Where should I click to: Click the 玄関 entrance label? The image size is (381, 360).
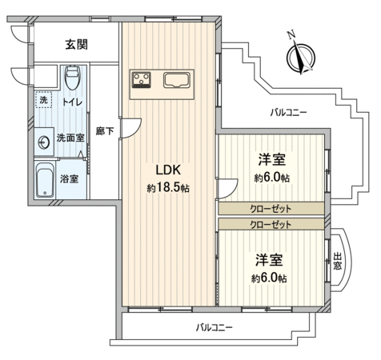pyautogui.click(x=77, y=44)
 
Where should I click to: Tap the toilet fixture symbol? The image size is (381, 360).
pyautogui.click(x=72, y=78)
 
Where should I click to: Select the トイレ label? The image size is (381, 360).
pyautogui.click(x=72, y=102)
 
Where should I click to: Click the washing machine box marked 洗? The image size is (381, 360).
pyautogui.click(x=43, y=100)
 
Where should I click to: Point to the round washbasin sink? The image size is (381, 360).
pyautogui.click(x=44, y=142)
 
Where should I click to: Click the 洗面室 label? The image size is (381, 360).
pyautogui.click(x=70, y=138)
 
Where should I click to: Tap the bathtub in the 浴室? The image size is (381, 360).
pyautogui.click(x=45, y=180)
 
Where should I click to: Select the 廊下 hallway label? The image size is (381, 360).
pyautogui.click(x=105, y=131)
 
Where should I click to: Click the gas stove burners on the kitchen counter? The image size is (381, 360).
pyautogui.click(x=142, y=80)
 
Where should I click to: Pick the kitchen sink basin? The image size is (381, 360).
pyautogui.click(x=174, y=80)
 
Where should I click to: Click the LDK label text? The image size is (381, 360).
pyautogui.click(x=168, y=170)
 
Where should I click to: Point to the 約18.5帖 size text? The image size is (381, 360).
pyautogui.click(x=168, y=188)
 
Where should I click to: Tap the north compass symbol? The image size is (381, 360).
pyautogui.click(x=301, y=58)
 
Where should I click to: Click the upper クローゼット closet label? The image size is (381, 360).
pyautogui.click(x=271, y=208)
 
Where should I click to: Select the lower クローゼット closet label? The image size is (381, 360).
pyautogui.click(x=271, y=225)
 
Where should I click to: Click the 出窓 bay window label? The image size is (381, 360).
pyautogui.click(x=337, y=261)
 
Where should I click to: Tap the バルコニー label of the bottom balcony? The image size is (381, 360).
pyautogui.click(x=215, y=327)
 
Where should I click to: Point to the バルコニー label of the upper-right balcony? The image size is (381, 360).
pyautogui.click(x=288, y=113)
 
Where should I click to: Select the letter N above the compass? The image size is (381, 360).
pyautogui.click(x=291, y=34)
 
